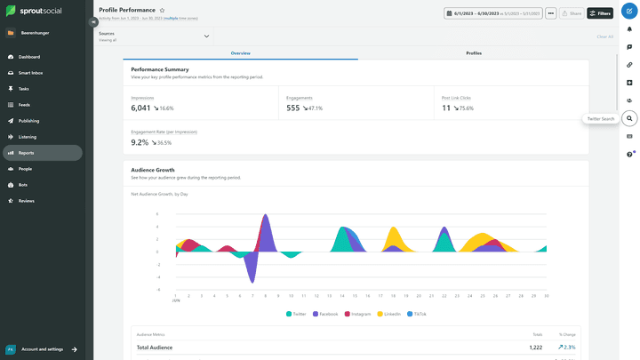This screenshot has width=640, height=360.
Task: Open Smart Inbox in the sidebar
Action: [x=31, y=72]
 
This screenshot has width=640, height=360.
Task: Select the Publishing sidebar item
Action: [x=28, y=120]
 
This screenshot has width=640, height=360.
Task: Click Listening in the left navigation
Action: [x=28, y=137]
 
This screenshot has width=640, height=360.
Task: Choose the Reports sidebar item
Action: [x=27, y=153]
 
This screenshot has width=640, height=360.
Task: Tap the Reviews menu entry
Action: [x=27, y=201]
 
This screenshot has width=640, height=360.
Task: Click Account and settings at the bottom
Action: [x=43, y=349]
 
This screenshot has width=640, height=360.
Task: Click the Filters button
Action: [x=600, y=13]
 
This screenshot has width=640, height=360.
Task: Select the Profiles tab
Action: [x=474, y=53]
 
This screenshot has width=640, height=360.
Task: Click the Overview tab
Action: [x=241, y=53]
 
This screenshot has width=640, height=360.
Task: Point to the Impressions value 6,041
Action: [x=140, y=108]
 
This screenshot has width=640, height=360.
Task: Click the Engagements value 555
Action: [x=292, y=108]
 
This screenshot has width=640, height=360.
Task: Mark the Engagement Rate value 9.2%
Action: [x=140, y=142]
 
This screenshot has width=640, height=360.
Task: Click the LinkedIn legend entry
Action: [x=388, y=314]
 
